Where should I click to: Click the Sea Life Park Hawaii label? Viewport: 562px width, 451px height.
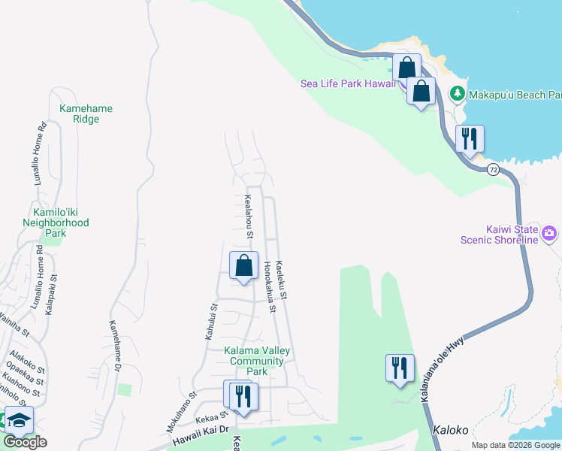pyautogui.click(x=348, y=83)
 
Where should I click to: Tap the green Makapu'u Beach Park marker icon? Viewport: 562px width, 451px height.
pyautogui.click(x=457, y=94)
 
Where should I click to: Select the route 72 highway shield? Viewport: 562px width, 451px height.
pyautogui.click(x=493, y=170)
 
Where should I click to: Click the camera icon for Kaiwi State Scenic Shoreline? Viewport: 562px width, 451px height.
pyautogui.click(x=549, y=233)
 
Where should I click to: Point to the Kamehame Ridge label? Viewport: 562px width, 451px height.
pyautogui.click(x=86, y=114)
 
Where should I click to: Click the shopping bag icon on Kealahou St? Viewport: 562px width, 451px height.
pyautogui.click(x=243, y=266)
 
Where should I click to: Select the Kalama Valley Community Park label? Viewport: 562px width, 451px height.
pyautogui.click(x=257, y=361)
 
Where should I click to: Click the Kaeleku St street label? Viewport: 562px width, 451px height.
pyautogui.click(x=283, y=278)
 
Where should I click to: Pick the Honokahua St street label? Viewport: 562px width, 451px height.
pyautogui.click(x=270, y=286)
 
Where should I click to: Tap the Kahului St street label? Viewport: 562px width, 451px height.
pyautogui.click(x=211, y=322)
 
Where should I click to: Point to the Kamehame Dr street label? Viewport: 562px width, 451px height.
pyautogui.click(x=115, y=346)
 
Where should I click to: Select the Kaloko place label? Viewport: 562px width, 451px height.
pyautogui.click(x=451, y=431)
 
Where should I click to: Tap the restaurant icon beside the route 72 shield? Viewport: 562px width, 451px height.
pyautogui.click(x=470, y=138)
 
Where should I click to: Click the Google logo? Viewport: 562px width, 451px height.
pyautogui.click(x=25, y=442)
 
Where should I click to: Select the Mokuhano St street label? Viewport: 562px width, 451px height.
pyautogui.click(x=182, y=412)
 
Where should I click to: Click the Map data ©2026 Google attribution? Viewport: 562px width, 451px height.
pyautogui.click(x=516, y=445)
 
